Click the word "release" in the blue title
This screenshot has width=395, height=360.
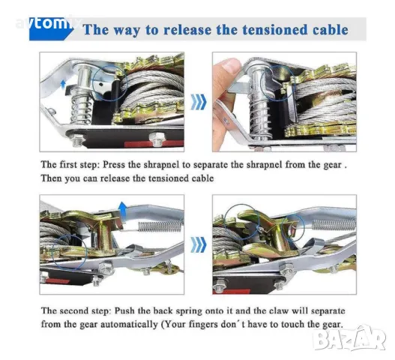click(x=187, y=30)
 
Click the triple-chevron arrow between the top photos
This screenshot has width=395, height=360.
click(x=199, y=102)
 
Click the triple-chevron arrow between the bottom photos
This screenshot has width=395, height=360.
click(x=199, y=244)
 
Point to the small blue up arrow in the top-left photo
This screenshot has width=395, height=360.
click(x=63, y=85)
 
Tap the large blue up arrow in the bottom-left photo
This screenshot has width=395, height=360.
click(x=123, y=211)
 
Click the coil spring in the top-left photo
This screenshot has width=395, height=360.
click(x=81, y=109)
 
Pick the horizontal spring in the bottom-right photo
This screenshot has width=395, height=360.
click(x=334, y=224)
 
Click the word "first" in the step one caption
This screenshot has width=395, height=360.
click(x=67, y=164)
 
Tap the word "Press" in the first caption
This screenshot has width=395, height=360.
click(x=114, y=164)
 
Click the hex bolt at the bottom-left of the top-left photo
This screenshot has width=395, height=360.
click(x=77, y=139)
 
